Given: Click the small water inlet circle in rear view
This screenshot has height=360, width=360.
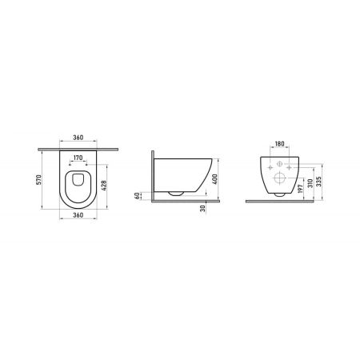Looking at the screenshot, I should coord(281,163).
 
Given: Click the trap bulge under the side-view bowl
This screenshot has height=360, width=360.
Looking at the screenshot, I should coord(175,193).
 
